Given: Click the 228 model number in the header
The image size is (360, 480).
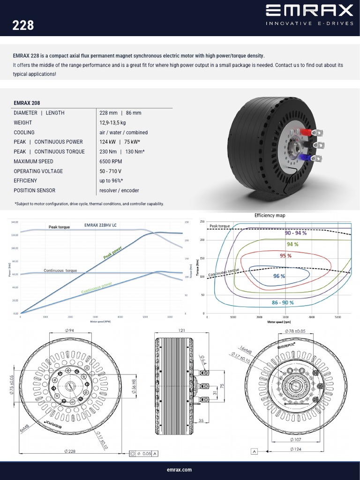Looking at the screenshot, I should point(23,25).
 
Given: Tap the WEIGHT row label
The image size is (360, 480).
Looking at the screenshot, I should point(24,122).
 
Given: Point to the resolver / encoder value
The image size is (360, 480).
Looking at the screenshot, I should point(119,190).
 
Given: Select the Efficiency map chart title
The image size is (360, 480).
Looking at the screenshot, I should point(270,215).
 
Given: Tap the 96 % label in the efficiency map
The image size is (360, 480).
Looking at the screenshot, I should point(279,276).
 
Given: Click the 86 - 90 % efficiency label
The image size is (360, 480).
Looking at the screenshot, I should point(283,303).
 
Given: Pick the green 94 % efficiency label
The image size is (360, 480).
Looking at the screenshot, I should point(292,244).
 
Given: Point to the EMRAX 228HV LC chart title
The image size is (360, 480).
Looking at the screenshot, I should point(101,225).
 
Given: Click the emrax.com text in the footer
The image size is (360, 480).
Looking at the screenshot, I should point(180,469).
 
